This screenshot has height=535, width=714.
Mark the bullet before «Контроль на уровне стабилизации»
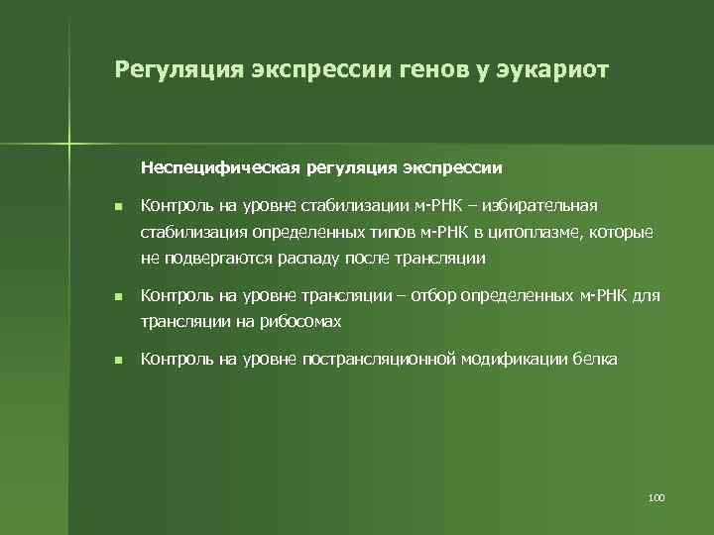(116, 207)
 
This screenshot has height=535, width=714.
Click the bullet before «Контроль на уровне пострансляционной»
(116, 361)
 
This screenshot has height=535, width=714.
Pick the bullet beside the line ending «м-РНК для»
(116, 297)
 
